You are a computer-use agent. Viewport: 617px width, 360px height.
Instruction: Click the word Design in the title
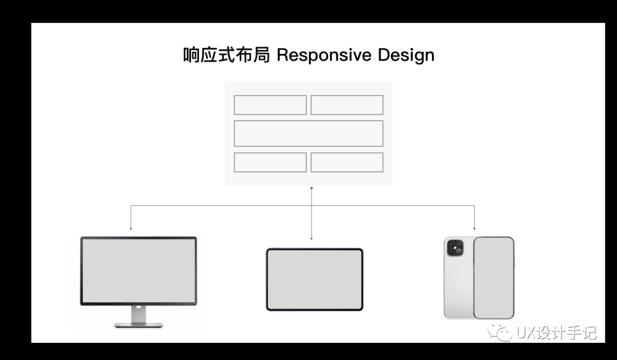click(x=406, y=55)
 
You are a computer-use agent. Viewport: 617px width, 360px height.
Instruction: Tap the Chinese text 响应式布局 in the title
click(x=226, y=55)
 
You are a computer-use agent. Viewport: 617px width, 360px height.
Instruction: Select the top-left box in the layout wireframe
click(x=270, y=105)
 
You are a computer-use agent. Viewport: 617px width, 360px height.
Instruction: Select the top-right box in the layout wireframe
click(x=347, y=105)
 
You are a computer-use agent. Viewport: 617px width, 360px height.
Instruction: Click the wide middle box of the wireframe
click(x=308, y=133)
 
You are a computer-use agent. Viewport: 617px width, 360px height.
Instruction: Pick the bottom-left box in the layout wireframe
click(x=270, y=162)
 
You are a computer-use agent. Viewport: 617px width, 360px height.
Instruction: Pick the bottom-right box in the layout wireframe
click(x=347, y=162)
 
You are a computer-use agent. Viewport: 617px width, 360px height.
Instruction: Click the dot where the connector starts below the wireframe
click(x=311, y=188)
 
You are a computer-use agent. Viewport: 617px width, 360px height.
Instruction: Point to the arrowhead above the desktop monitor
click(x=131, y=229)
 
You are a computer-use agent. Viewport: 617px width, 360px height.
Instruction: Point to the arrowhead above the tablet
click(x=311, y=238)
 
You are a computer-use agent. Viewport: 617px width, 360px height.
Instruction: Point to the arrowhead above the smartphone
click(x=475, y=229)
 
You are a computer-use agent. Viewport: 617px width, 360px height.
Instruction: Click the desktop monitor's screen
click(x=138, y=270)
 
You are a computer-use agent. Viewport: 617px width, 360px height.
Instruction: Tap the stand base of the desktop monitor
click(x=138, y=325)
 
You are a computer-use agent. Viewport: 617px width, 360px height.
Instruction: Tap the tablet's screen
click(x=314, y=279)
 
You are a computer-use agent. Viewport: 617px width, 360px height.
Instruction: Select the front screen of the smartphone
click(x=493, y=277)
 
